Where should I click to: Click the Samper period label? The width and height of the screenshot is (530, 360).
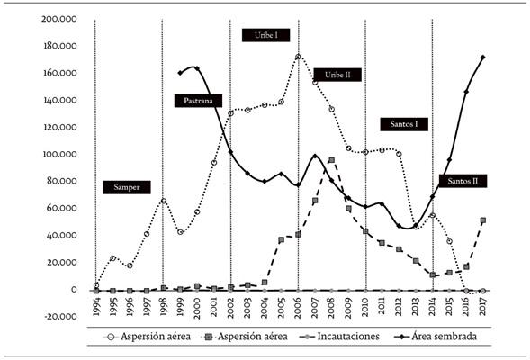(x=127, y=187)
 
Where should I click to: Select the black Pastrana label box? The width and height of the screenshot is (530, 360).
(x=198, y=101)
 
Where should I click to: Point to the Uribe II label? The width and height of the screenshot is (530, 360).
(x=337, y=75)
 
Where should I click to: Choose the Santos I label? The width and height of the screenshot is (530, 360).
(x=404, y=123)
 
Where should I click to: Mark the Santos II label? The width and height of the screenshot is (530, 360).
(x=463, y=181)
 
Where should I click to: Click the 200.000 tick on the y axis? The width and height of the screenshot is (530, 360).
(x=57, y=18)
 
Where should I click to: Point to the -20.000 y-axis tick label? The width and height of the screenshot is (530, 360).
(x=57, y=317)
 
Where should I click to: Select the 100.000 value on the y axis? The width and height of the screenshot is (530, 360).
(x=57, y=154)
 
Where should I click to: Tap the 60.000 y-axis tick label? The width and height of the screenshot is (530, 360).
(x=59, y=208)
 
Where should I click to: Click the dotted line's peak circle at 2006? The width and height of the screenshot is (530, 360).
(x=298, y=57)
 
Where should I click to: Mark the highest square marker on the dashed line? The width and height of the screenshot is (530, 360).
(x=332, y=160)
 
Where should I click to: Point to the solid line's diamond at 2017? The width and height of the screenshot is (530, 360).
(x=483, y=58)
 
